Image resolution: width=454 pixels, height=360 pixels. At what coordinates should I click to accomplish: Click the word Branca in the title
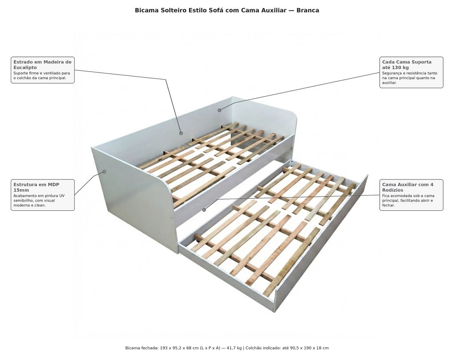pos(308,10)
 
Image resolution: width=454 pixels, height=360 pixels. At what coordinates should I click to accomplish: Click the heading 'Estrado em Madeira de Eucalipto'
pos(42,64)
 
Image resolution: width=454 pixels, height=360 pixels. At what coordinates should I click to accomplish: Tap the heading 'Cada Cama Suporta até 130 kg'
pos(407,64)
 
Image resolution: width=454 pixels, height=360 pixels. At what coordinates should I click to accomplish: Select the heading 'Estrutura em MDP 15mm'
pos(36,187)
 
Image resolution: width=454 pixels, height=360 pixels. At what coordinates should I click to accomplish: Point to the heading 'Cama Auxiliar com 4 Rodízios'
pos(408,187)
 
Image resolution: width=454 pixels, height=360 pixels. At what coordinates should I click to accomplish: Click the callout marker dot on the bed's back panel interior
pos(181,134)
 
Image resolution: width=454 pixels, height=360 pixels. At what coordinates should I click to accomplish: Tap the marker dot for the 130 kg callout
pos(220,110)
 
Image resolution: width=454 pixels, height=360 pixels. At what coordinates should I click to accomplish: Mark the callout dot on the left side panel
pos(104,172)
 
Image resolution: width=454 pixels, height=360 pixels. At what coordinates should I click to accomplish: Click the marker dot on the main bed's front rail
pos(204,210)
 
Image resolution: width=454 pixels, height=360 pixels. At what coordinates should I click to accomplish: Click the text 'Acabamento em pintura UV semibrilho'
pos(39,198)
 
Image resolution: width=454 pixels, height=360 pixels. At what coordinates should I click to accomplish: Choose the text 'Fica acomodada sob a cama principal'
pos(408,198)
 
